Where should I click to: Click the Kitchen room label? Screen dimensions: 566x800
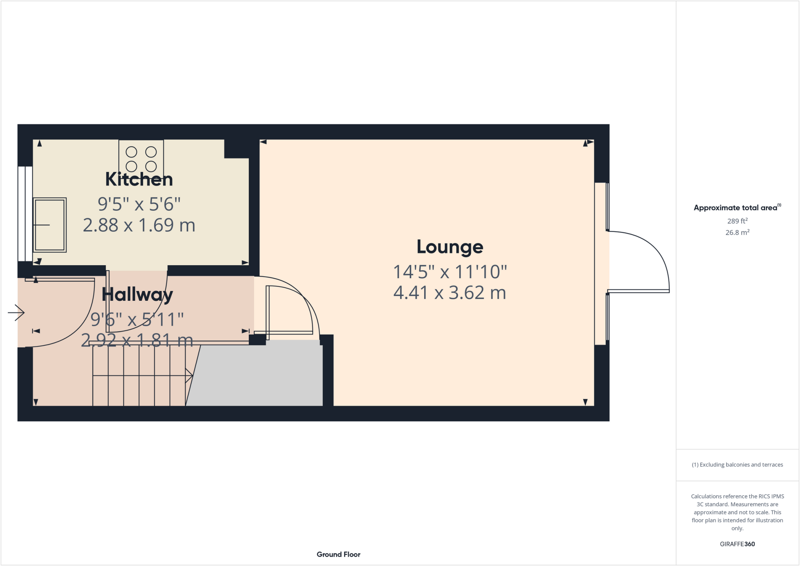[139, 179]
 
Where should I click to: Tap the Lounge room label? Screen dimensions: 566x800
[450, 246]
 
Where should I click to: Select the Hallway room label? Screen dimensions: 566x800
[137, 294]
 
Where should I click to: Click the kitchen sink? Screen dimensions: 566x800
[50, 225]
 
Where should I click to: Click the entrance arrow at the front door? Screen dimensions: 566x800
[16, 312]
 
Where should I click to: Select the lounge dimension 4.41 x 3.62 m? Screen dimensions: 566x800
[450, 293]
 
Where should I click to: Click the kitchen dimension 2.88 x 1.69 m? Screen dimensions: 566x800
[139, 225]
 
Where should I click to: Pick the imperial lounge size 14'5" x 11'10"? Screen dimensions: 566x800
[450, 272]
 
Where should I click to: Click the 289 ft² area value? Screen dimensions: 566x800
[737, 221]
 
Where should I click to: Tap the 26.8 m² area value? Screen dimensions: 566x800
[737, 232]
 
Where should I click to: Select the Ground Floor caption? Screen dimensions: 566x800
[338, 554]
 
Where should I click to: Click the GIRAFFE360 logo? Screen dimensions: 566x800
[737, 544]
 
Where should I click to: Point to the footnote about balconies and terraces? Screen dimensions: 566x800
[737, 465]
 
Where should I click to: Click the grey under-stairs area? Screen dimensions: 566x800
[258, 375]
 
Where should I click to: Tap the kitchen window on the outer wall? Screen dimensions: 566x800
[25, 214]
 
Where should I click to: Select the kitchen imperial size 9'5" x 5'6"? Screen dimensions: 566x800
[139, 204]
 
